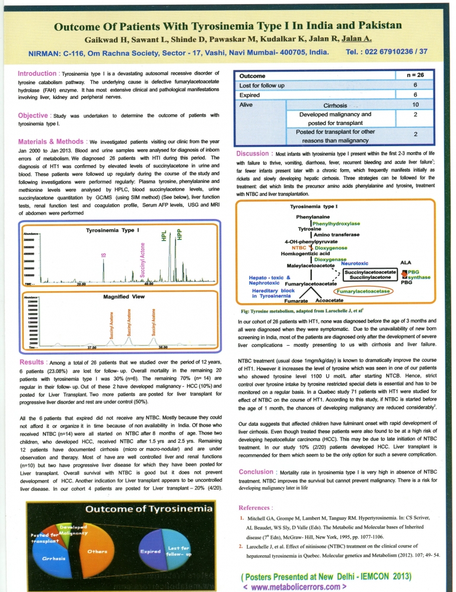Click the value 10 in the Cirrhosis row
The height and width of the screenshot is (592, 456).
pos(416,105)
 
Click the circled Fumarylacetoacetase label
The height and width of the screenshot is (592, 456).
pos(363,292)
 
